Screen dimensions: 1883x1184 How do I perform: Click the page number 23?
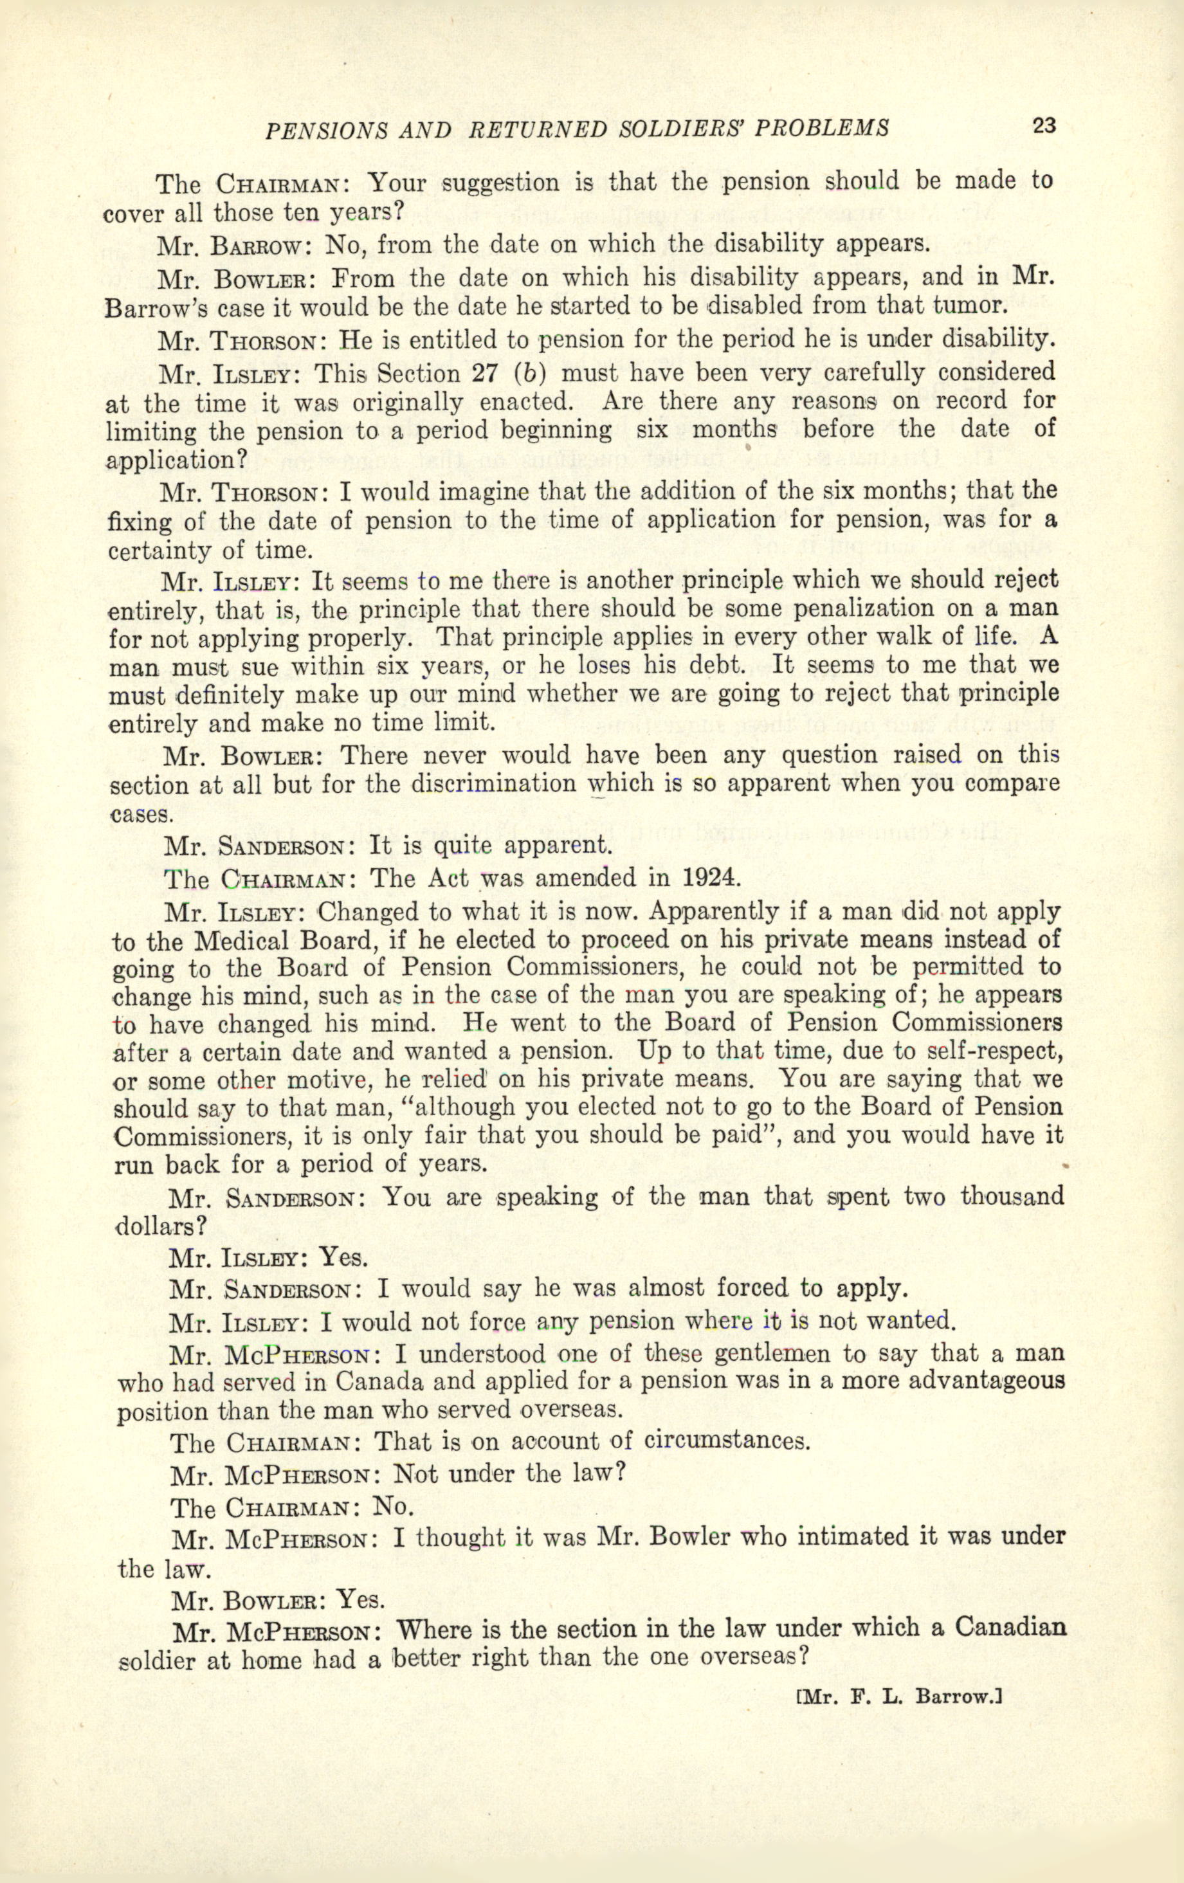pos(1044,125)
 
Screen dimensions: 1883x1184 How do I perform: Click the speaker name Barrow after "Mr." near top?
pos(254,245)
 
